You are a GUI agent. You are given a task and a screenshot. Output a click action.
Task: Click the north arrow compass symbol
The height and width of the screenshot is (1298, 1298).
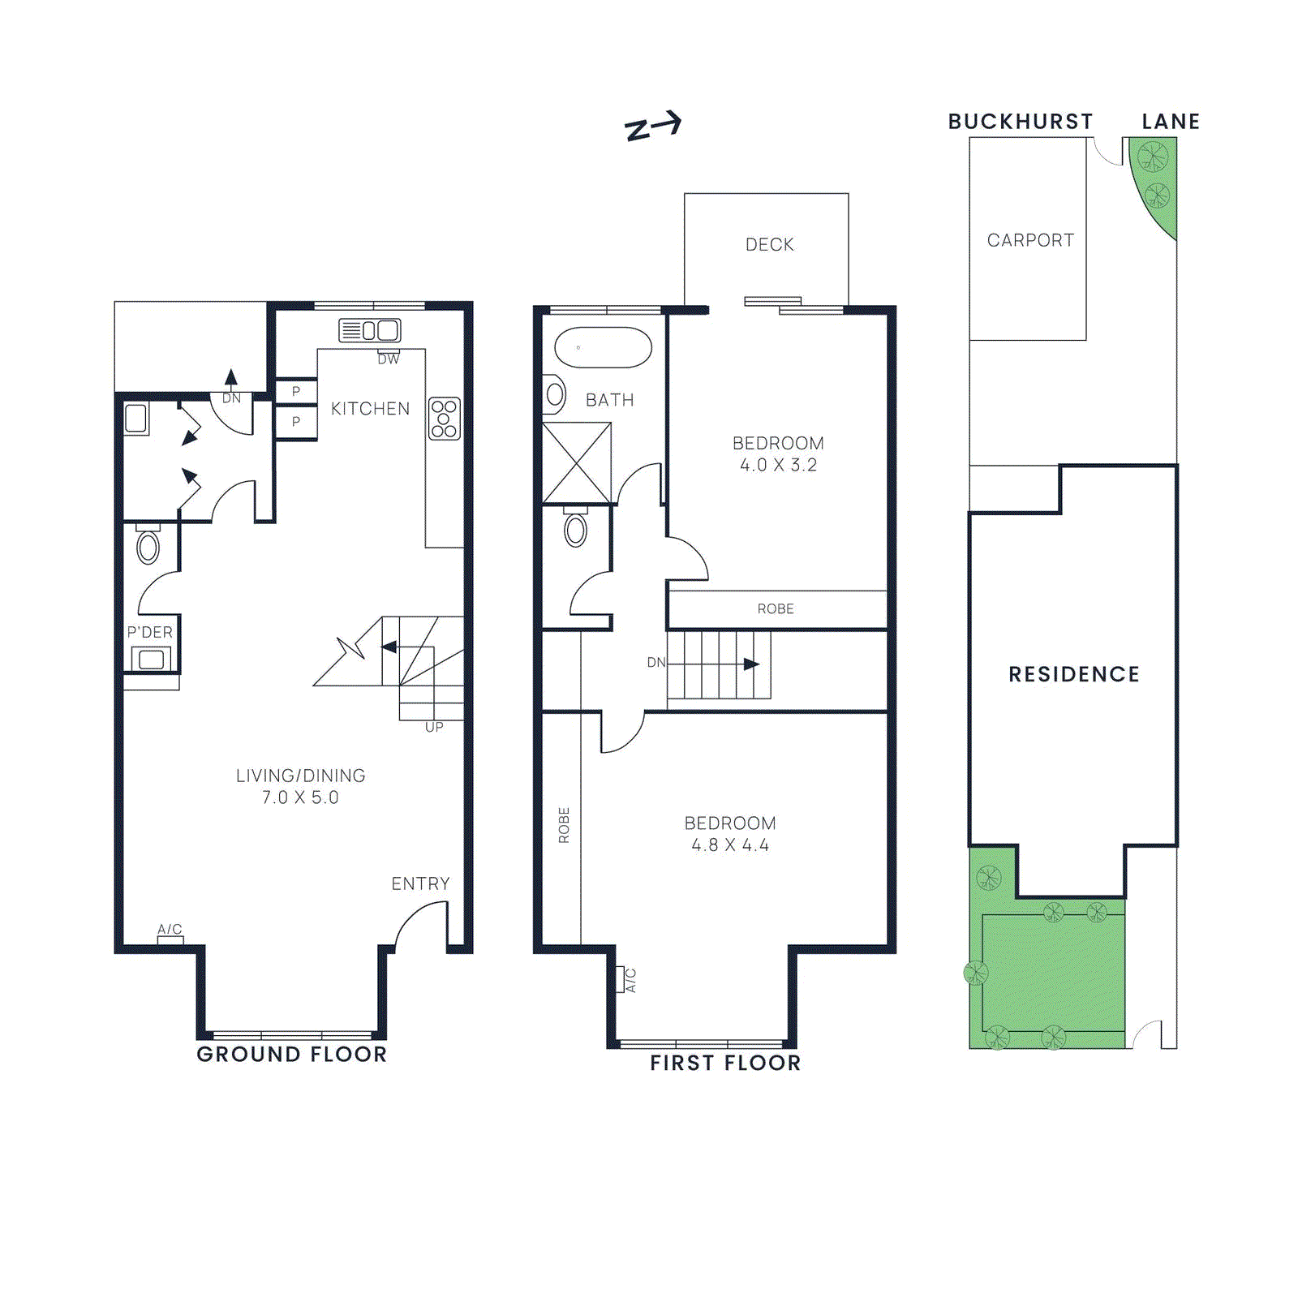point(652,127)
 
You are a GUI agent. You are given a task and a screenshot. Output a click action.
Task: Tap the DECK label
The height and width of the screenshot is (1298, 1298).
point(769,244)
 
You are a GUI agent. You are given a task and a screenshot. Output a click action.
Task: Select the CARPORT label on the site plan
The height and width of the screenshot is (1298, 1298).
point(1030,240)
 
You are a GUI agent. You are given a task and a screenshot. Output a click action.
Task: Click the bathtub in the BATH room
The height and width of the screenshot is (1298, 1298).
point(603,348)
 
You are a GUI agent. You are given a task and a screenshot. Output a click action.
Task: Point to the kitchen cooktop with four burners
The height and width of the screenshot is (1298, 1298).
point(444,419)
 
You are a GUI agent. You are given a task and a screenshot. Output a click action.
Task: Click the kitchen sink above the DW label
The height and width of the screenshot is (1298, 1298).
point(370,330)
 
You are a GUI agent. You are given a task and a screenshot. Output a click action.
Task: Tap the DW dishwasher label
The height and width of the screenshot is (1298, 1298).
point(389,359)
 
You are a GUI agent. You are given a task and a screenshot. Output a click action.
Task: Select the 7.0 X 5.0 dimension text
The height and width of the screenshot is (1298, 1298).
point(300,797)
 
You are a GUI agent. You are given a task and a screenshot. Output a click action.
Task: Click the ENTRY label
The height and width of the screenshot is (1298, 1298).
point(420,883)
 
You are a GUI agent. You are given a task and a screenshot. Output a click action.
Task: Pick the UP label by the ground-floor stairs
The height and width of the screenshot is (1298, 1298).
point(434,727)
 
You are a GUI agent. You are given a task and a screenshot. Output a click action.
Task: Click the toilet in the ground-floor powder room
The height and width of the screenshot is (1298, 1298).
point(148,547)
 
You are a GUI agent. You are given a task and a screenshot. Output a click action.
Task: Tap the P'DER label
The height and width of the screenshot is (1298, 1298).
point(150,632)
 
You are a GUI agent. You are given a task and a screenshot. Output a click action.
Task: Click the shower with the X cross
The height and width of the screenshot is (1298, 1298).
point(576,463)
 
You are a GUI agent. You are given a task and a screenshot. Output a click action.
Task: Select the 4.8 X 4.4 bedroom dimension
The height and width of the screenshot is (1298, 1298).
point(730,845)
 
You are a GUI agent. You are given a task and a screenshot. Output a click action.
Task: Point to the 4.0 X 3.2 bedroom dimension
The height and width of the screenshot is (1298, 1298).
point(778,465)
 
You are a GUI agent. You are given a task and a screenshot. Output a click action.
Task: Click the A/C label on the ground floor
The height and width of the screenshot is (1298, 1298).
point(170,929)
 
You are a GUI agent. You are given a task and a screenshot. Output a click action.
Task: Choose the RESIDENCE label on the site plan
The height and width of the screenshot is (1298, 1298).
point(1074,674)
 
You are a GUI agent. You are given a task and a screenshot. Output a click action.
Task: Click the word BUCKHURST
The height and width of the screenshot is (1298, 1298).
point(1021,122)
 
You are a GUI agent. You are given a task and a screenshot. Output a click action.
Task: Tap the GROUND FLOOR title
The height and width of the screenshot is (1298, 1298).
point(292,1054)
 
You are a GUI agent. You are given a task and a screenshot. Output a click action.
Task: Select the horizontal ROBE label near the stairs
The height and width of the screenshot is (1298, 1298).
point(776,608)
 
